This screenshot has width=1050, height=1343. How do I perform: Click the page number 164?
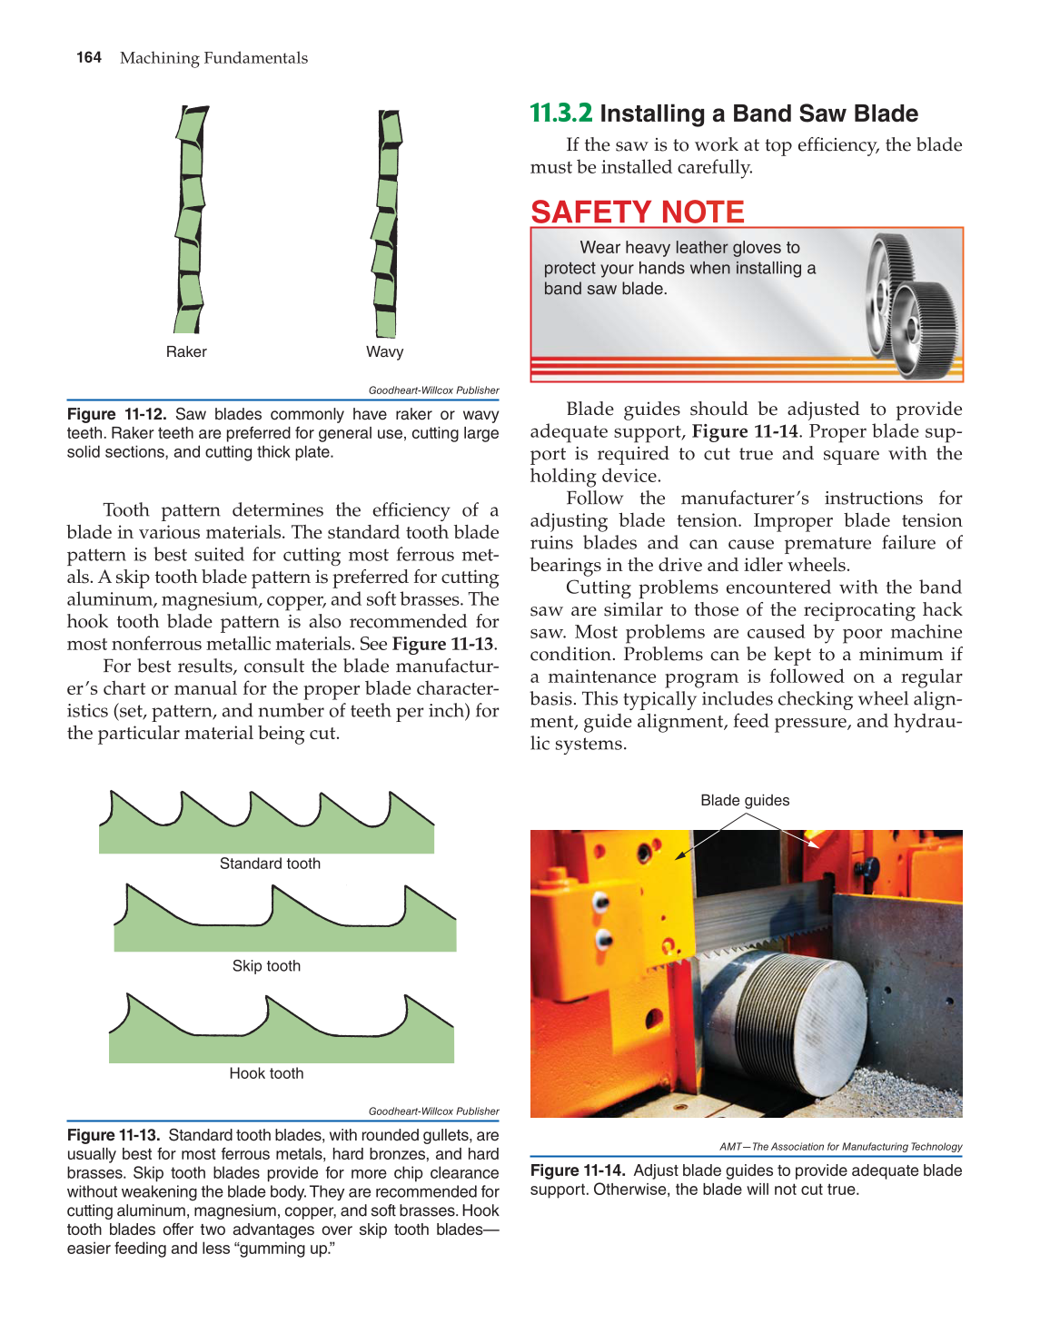coord(89,57)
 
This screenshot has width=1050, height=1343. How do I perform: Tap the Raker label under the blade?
coord(186,351)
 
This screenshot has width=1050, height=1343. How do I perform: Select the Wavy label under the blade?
coord(384,351)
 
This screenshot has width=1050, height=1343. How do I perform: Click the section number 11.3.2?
coord(560,114)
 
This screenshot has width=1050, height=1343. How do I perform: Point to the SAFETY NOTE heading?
coord(637,212)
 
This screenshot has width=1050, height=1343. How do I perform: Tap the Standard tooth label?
coord(270,864)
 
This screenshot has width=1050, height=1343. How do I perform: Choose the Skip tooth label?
coord(266,966)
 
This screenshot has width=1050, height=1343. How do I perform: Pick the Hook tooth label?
coord(266,1073)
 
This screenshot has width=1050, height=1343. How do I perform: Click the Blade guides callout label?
coord(745,800)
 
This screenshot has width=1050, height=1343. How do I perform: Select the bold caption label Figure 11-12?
coord(116,414)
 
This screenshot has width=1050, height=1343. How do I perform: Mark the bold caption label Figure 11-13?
coord(114,1135)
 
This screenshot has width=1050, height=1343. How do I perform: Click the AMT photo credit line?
coord(840,1147)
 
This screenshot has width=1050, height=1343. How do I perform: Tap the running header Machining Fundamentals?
coord(213,58)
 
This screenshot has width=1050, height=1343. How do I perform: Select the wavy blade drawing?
coord(387,222)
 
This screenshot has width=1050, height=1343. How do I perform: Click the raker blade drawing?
coord(190,220)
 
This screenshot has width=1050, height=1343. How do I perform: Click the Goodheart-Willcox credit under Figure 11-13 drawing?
coord(433,1111)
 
